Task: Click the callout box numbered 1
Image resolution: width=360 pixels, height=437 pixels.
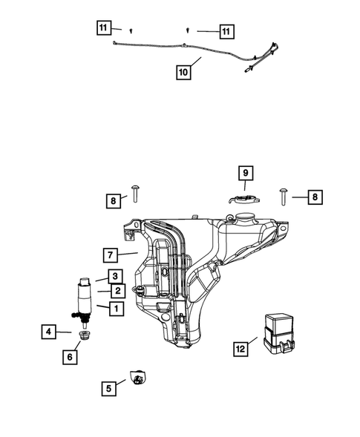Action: tap(115, 307)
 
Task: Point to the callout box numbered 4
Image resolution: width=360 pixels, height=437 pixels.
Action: tap(48, 332)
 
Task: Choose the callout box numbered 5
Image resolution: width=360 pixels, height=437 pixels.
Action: tap(108, 386)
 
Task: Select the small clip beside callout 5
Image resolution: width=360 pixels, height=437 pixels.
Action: tap(136, 378)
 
